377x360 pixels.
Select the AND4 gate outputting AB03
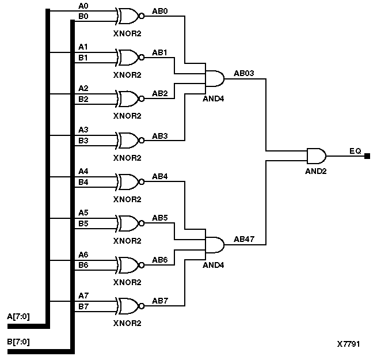[x=215, y=78]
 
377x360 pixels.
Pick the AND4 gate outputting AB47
[x=215, y=245]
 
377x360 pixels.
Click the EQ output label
[x=355, y=151]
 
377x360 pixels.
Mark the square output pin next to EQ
[x=367, y=156]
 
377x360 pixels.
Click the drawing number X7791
[x=349, y=344]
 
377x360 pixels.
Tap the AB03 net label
[x=244, y=73]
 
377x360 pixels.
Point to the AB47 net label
[x=244, y=239]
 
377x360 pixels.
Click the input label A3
[x=83, y=130]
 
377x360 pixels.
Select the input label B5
[x=83, y=223]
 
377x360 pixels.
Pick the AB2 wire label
[x=160, y=93]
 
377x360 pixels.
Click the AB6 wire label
[x=160, y=260]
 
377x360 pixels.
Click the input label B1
[x=83, y=58]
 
